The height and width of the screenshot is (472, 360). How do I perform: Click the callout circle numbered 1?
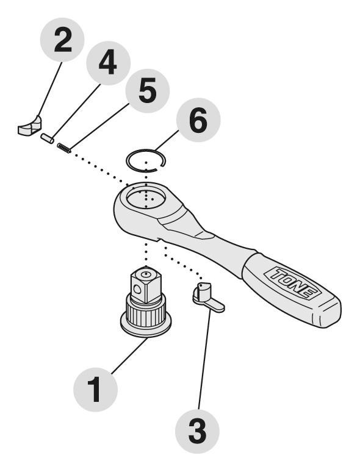pyautogui.click(x=93, y=388)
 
